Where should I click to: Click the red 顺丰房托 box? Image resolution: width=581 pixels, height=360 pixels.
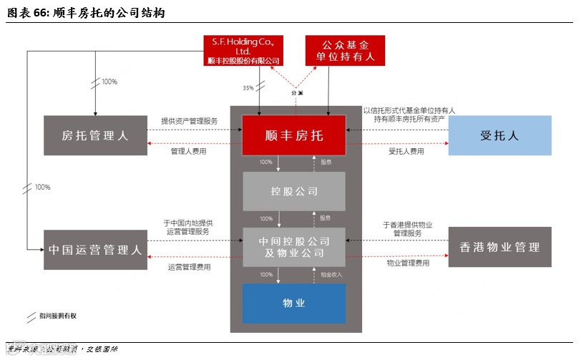point(293,135)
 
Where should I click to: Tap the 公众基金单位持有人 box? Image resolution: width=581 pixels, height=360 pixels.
point(344,50)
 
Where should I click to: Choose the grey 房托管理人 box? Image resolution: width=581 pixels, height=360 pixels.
point(95,135)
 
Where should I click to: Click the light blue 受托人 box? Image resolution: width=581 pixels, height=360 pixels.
point(499,135)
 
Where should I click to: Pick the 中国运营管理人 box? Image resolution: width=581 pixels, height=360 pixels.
point(95,250)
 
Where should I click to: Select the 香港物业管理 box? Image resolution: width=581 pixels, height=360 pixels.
point(499,247)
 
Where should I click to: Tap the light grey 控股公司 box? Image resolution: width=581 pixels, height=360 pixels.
point(293,191)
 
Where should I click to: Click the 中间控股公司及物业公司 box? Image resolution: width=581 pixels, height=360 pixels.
point(293,247)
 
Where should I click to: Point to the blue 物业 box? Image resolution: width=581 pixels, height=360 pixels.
point(293,303)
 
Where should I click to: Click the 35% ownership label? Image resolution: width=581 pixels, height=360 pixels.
point(248,87)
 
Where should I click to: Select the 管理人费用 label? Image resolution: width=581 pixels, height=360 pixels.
point(187,152)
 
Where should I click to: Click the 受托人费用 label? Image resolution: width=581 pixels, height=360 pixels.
point(406,152)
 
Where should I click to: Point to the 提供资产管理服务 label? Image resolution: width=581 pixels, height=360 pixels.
point(189,121)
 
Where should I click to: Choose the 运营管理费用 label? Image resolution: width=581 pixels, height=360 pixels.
point(189,267)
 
